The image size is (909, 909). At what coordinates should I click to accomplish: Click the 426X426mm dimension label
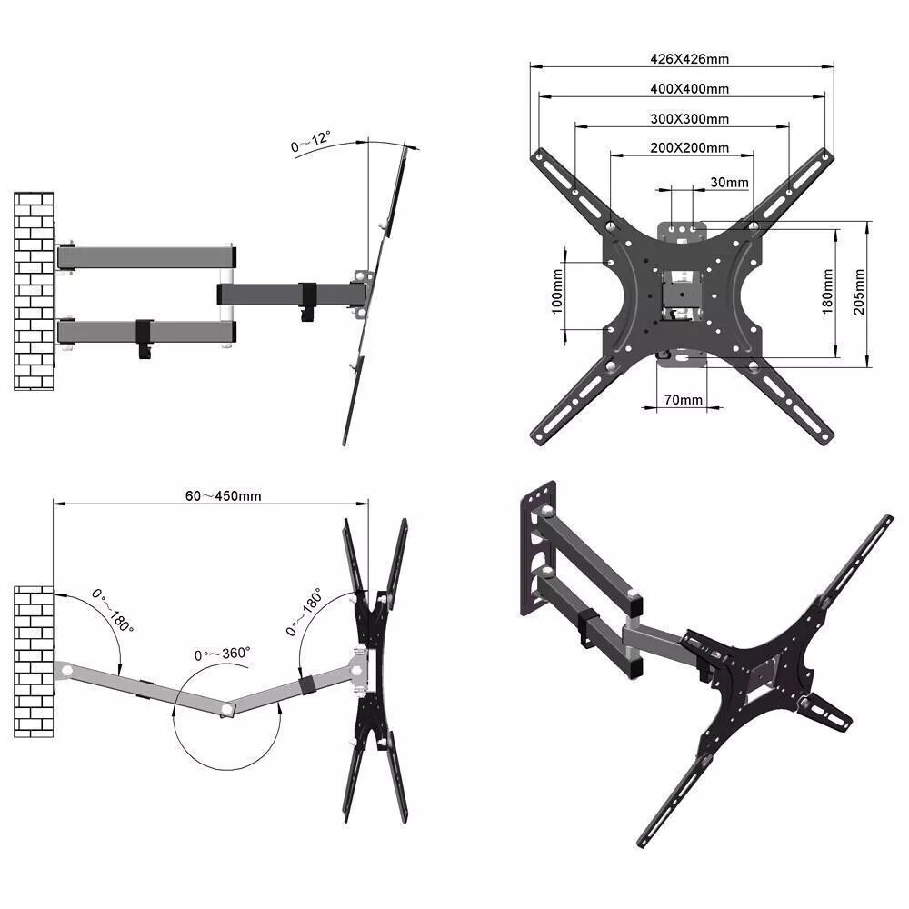[689, 59]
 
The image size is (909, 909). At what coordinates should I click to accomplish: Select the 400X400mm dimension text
[689, 89]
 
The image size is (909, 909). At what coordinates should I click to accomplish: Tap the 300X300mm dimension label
[689, 119]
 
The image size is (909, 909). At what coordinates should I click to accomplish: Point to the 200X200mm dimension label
[689, 148]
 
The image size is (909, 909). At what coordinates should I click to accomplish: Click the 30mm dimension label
[729, 183]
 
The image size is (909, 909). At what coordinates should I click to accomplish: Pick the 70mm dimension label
[683, 400]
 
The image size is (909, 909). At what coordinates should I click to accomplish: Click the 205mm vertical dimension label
[859, 292]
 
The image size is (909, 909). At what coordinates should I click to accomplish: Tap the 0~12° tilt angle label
[311, 144]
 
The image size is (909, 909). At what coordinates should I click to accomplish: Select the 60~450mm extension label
[224, 496]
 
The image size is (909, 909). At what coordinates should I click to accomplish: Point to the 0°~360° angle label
[223, 654]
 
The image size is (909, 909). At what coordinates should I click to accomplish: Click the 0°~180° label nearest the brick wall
[113, 611]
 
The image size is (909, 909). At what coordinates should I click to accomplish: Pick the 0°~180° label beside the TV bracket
[305, 611]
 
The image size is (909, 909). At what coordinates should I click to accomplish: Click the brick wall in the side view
[34, 291]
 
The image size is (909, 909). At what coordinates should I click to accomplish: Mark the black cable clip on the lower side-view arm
[145, 337]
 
